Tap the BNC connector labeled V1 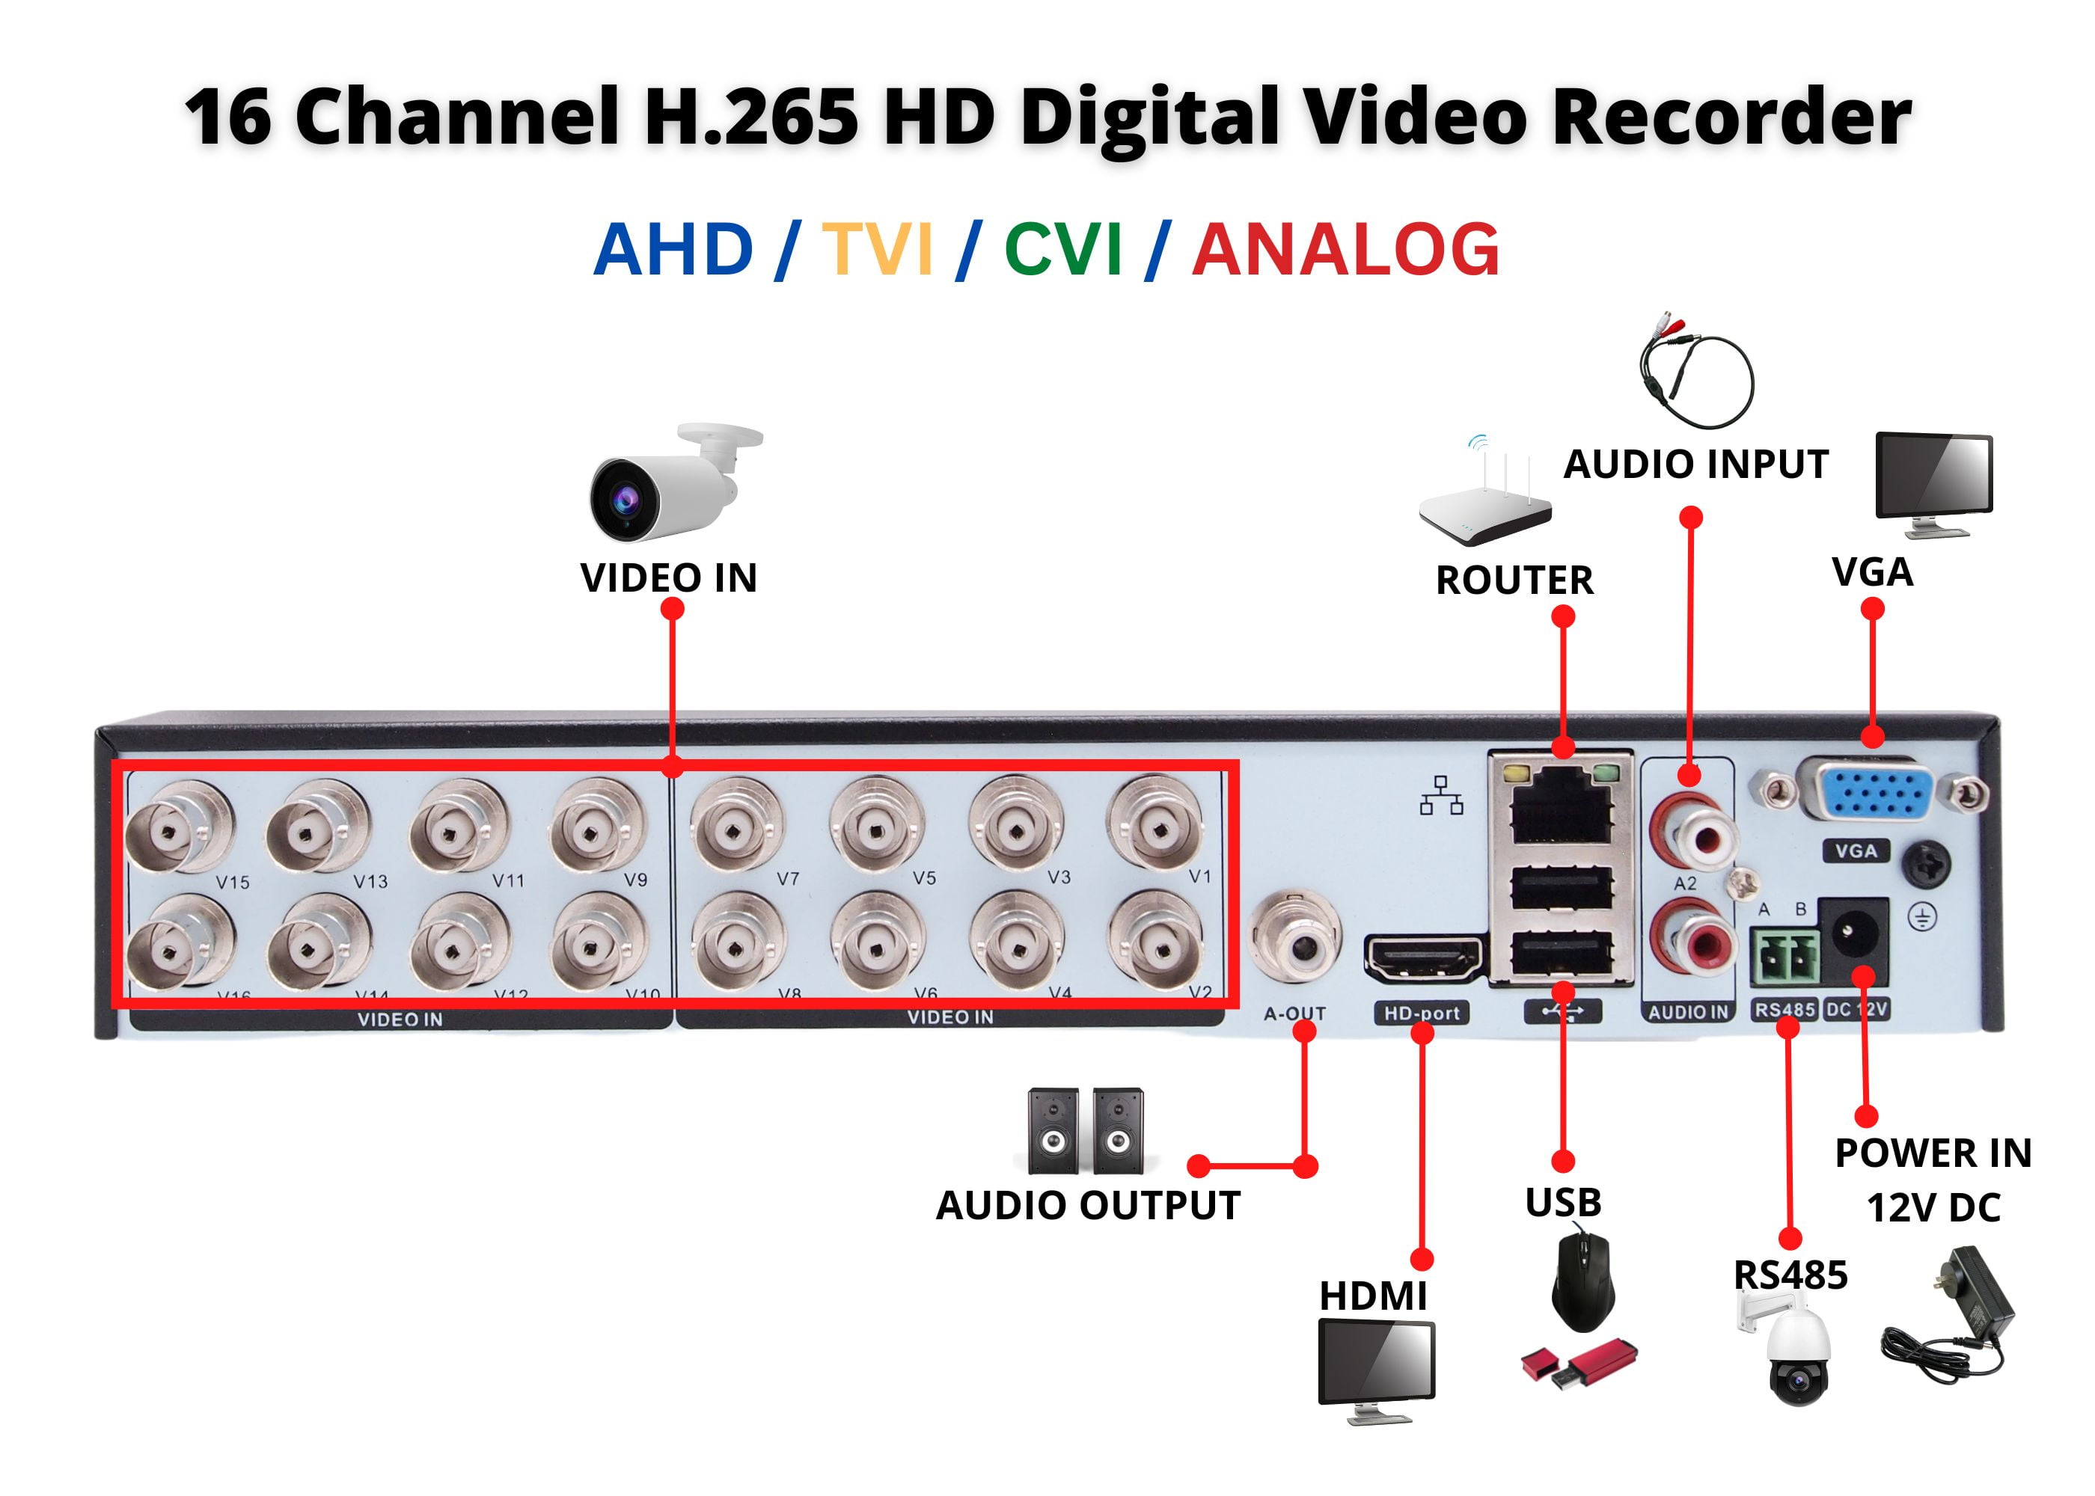pos(1155,824)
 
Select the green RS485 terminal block pos(1784,959)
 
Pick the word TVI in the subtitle pos(878,250)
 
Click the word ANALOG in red pos(1346,250)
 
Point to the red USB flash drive pos(1578,1364)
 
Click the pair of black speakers pos(1085,1130)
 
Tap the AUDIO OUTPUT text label pos(1088,1206)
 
